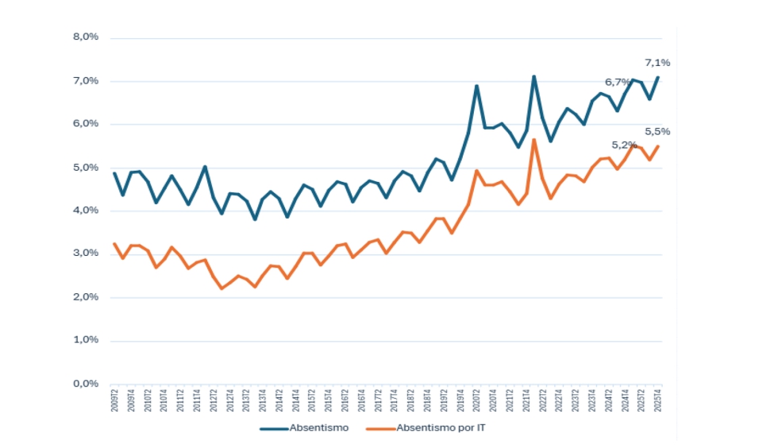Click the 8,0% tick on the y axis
point(85,37)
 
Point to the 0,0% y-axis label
point(85,384)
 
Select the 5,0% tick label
point(85,168)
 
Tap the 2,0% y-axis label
point(85,297)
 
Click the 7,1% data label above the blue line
point(657,63)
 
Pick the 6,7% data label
point(618,82)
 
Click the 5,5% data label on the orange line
point(657,131)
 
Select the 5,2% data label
point(625,145)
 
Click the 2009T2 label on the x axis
point(114,402)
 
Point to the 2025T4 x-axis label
point(658,402)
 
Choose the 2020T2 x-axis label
point(477,402)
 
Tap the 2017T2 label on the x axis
point(378,402)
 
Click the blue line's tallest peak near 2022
point(534,76)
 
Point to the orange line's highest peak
point(534,140)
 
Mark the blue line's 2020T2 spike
point(477,86)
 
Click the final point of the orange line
point(658,146)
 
